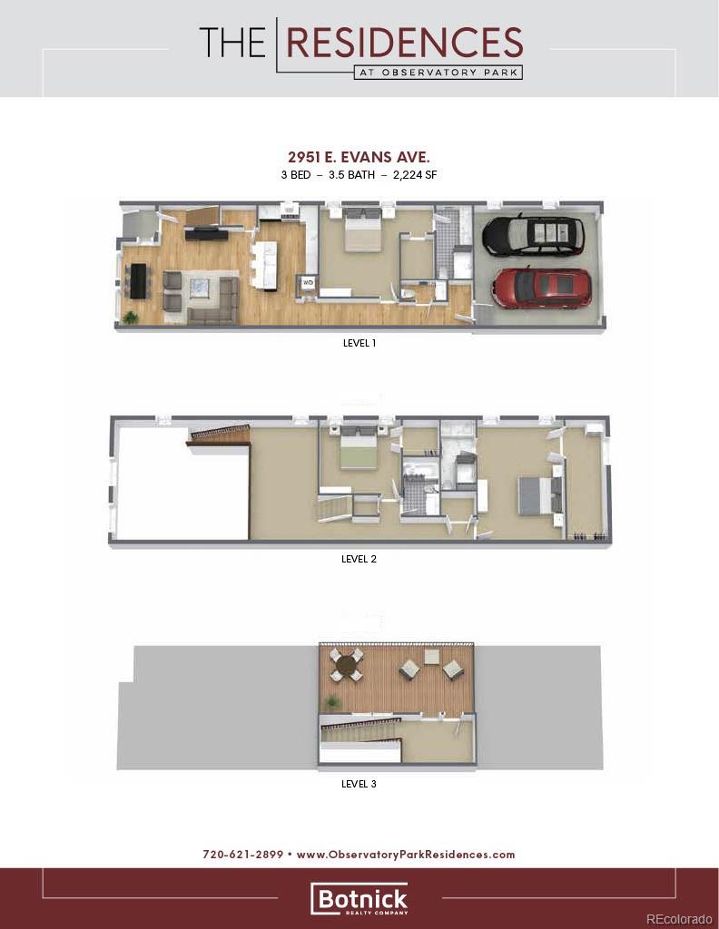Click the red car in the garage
click(541, 287)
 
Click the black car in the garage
click(533, 235)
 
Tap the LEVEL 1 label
click(359, 344)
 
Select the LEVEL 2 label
click(359, 559)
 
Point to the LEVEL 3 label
click(359, 784)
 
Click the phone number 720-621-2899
click(242, 855)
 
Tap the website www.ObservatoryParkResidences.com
click(406, 855)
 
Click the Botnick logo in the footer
click(359, 899)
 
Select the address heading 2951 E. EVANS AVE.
click(359, 157)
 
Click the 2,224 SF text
click(415, 174)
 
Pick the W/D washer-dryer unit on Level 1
click(308, 282)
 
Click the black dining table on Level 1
click(138, 279)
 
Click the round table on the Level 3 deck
click(345, 665)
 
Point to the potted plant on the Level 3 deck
click(333, 701)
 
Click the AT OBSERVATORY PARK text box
click(438, 73)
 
